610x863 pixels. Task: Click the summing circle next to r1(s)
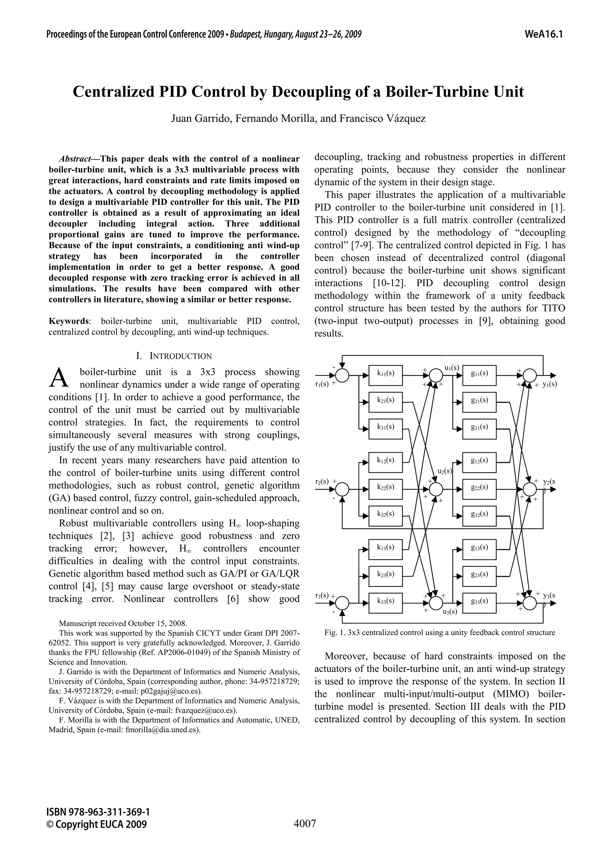pyautogui.click(x=342, y=375)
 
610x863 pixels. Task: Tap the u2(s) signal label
pyautogui.click(x=445, y=471)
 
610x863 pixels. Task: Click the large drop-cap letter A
pyautogui.click(x=59, y=377)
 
